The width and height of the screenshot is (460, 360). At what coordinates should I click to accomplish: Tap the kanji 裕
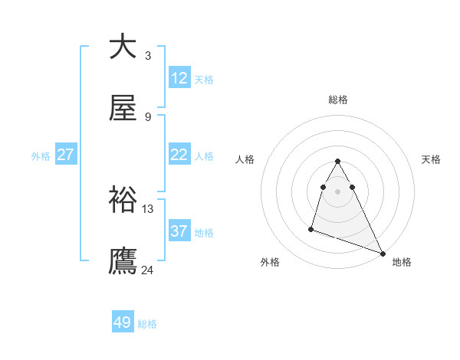click(x=123, y=200)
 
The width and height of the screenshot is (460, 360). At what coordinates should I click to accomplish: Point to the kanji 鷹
click(x=123, y=260)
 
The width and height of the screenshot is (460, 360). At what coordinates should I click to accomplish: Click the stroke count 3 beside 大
click(x=148, y=55)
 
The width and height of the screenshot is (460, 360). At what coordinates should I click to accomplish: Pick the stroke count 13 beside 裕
click(x=148, y=208)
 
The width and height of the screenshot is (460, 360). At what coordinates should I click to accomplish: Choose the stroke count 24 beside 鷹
click(x=148, y=270)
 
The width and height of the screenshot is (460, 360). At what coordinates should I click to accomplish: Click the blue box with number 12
click(x=179, y=78)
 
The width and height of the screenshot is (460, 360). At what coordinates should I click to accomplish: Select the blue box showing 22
click(x=179, y=155)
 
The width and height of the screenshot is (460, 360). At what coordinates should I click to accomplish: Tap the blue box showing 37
click(x=179, y=231)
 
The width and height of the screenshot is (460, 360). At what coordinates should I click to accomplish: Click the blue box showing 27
click(x=66, y=155)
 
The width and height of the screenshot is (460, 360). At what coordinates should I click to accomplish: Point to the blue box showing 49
click(x=123, y=322)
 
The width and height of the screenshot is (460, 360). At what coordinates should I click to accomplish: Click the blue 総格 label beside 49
click(x=147, y=324)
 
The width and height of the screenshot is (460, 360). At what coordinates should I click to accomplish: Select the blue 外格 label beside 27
click(x=41, y=156)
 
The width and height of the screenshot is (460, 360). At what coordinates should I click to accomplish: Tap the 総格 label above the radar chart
click(x=338, y=100)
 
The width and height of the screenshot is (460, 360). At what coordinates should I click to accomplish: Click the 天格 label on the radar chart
click(x=432, y=159)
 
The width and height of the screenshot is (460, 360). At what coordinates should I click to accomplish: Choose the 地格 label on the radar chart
click(x=402, y=262)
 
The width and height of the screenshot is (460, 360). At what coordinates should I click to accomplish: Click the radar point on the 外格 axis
click(x=311, y=228)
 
